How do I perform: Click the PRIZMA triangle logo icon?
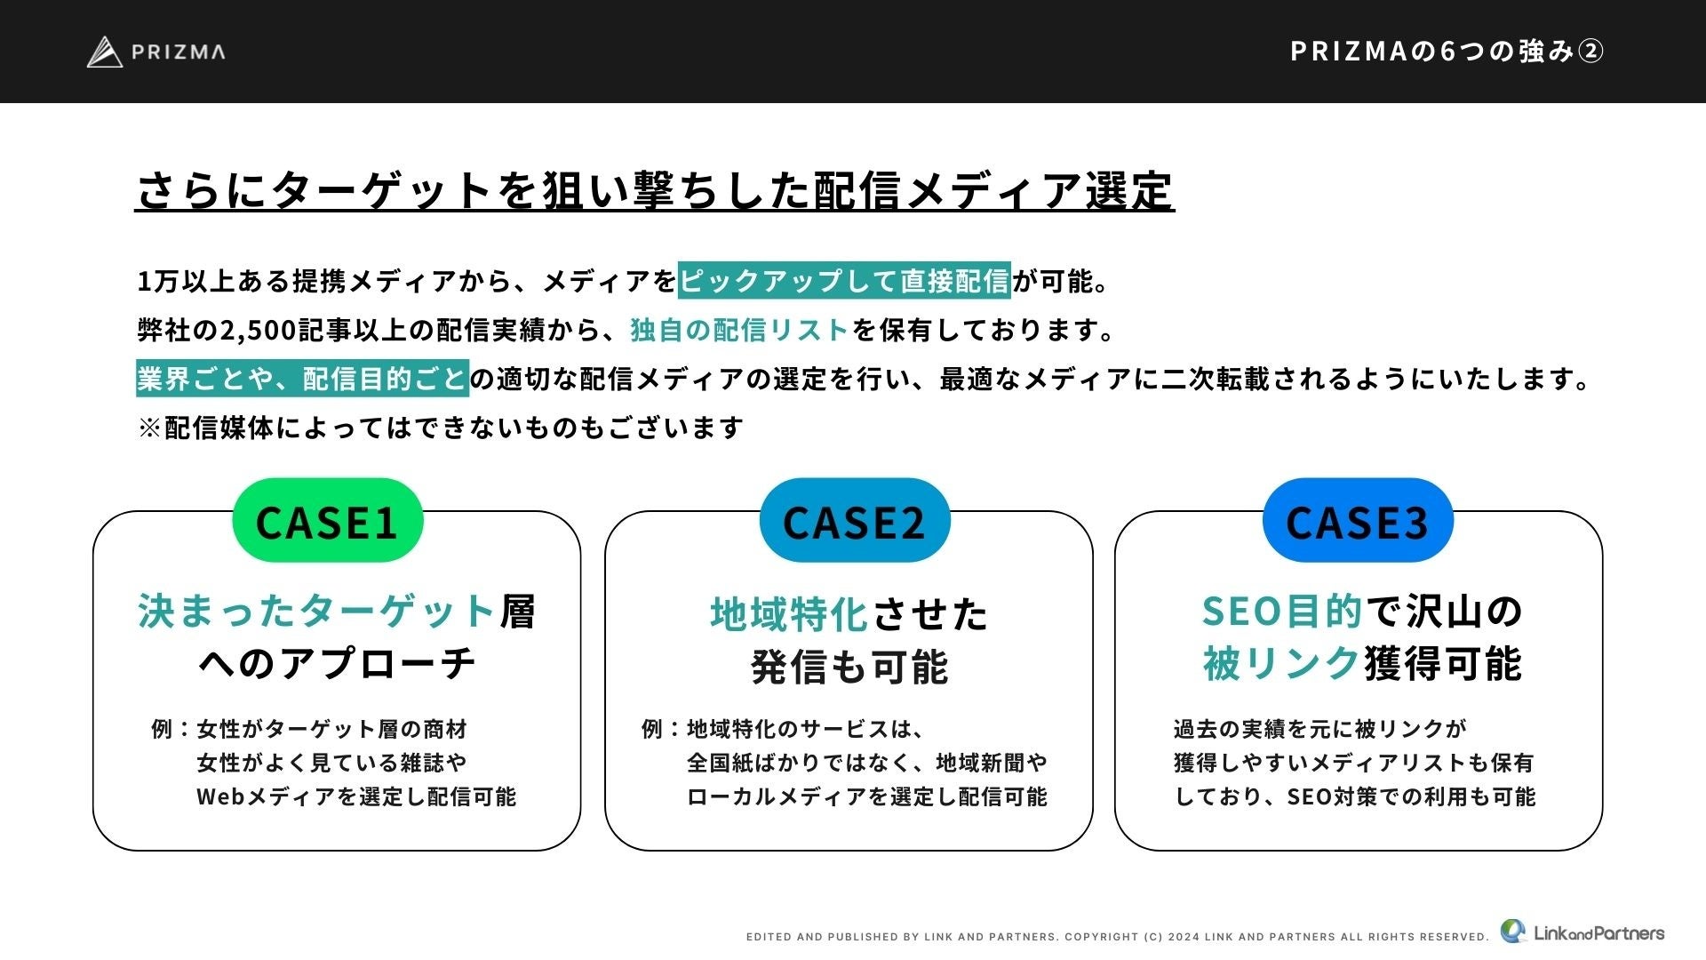[104, 52]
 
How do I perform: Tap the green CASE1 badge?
[327, 521]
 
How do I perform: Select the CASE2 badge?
[854, 521]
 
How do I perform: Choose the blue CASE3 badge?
[1357, 521]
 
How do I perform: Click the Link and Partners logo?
[1582, 932]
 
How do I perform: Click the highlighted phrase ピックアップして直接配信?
[844, 281]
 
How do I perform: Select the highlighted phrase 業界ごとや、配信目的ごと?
[302, 379]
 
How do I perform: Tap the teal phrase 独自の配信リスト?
[739, 330]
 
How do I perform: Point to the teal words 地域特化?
[788, 614]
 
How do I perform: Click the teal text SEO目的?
[1281, 612]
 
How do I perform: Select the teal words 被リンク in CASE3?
[1281, 663]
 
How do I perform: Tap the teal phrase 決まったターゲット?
[316, 612]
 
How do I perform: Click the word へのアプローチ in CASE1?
[337, 663]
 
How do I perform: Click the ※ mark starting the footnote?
[150, 428]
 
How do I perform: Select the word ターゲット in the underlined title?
[382, 191]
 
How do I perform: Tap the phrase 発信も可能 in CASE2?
[849, 666]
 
